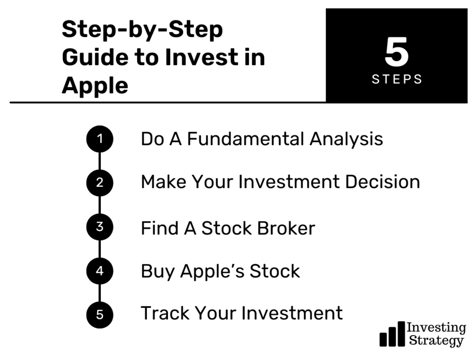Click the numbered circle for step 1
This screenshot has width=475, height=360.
coord(100,139)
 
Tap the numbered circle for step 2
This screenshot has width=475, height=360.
coord(100,183)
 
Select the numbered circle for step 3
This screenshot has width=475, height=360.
coord(100,227)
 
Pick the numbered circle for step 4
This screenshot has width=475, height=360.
coord(100,271)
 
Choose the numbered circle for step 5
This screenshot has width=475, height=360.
coord(100,315)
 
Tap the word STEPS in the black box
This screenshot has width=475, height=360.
coord(397,79)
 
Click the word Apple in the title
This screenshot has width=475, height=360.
coord(95,86)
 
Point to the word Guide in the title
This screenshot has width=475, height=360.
coord(95,57)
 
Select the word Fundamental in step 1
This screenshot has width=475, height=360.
coord(245,139)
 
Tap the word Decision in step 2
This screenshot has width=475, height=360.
coord(383,182)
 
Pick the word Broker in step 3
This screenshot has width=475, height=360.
coord(286,228)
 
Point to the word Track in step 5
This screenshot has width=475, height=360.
coord(165,313)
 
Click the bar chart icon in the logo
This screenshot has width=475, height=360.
coord(392,334)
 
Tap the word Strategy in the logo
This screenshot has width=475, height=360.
coord(436,341)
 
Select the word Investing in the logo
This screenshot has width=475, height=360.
coord(436,328)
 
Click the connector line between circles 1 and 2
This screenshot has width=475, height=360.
coord(100,161)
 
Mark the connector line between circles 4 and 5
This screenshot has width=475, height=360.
coord(100,293)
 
